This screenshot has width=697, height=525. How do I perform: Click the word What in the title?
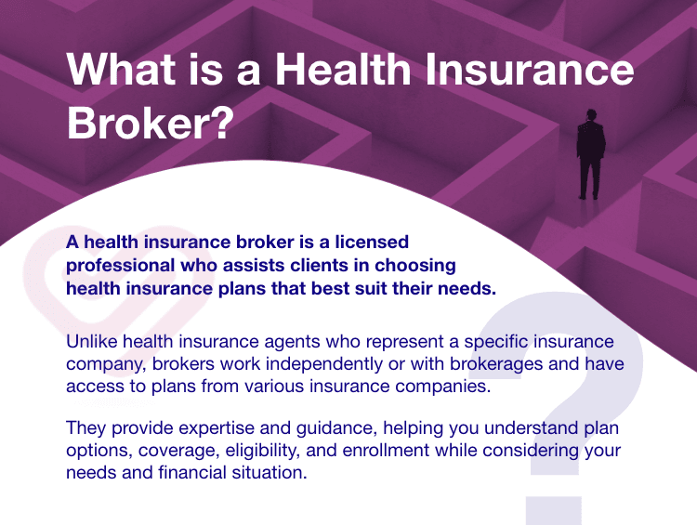(x=122, y=69)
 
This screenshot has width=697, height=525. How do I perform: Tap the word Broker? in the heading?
(x=151, y=123)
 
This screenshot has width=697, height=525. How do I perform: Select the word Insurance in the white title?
(x=530, y=69)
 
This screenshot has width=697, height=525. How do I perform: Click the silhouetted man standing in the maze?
(x=591, y=154)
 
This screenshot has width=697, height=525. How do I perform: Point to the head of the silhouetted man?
(x=591, y=114)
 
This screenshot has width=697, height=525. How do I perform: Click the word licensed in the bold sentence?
(x=372, y=242)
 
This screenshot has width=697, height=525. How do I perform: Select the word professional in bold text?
(x=120, y=266)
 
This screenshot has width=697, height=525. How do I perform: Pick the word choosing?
(x=415, y=266)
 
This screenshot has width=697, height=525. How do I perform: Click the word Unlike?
(x=92, y=341)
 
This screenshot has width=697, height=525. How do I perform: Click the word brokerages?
(x=496, y=364)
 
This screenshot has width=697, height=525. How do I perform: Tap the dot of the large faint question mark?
(x=554, y=511)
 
